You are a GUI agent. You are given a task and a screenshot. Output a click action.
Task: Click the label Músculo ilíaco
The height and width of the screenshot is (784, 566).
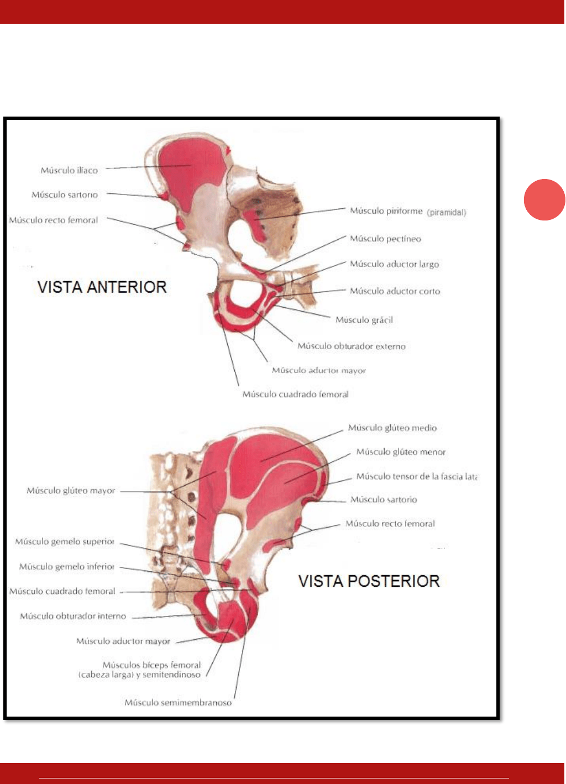pyautogui.click(x=69, y=170)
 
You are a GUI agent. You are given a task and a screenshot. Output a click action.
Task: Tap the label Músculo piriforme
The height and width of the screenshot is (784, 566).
pyautogui.click(x=386, y=211)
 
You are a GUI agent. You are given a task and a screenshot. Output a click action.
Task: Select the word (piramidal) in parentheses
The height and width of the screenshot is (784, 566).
pyautogui.click(x=447, y=212)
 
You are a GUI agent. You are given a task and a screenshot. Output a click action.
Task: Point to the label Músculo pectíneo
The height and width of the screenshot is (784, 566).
pyautogui.click(x=385, y=239)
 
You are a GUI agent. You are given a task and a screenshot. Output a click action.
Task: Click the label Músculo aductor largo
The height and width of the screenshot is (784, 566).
pyautogui.click(x=394, y=264)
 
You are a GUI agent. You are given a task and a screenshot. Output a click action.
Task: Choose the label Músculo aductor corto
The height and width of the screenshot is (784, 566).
pyautogui.click(x=395, y=291)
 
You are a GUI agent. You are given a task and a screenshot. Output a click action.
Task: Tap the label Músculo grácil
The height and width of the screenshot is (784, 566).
pyautogui.click(x=364, y=320)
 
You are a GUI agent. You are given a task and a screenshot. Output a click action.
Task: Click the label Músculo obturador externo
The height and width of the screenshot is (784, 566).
pyautogui.click(x=352, y=346)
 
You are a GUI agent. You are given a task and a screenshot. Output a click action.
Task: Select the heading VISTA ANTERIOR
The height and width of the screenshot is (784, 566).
pyautogui.click(x=102, y=287)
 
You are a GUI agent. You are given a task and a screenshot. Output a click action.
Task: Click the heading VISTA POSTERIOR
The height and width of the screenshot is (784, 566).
pyautogui.click(x=369, y=581)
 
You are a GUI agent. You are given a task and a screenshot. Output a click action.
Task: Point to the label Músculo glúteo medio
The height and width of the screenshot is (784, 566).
pyautogui.click(x=392, y=428)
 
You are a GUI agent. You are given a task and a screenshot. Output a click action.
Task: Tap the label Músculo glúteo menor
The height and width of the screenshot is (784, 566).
pyautogui.click(x=401, y=452)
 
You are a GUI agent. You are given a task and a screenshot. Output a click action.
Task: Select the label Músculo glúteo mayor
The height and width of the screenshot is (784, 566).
pyautogui.click(x=71, y=491)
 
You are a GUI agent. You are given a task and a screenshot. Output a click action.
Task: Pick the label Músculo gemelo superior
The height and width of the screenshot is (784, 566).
pyautogui.click(x=65, y=541)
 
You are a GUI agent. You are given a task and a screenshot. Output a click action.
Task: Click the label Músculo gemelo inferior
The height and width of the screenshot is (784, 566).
pyautogui.click(x=67, y=566)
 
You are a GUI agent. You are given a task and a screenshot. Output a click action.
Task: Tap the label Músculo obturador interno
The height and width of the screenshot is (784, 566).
pyautogui.click(x=73, y=616)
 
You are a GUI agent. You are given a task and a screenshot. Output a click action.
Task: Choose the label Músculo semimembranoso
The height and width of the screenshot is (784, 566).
pyautogui.click(x=178, y=703)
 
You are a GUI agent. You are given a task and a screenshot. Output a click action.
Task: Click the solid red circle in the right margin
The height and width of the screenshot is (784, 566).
pyautogui.click(x=544, y=200)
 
